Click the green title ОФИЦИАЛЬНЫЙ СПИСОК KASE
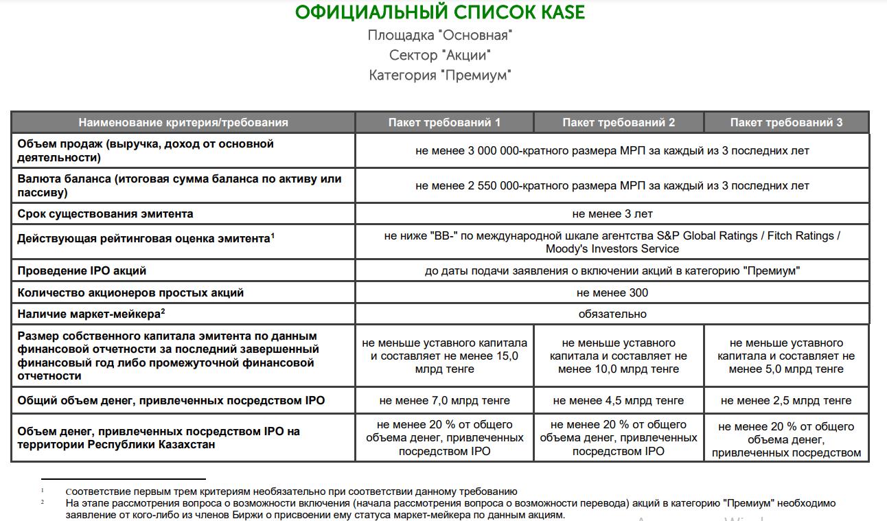click(440, 12)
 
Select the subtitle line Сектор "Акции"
click(440, 55)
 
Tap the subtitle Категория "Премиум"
click(440, 75)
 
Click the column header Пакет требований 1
click(444, 122)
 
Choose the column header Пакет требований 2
click(619, 122)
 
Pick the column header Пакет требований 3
click(786, 122)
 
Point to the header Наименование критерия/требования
click(183, 122)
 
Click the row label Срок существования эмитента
click(105, 213)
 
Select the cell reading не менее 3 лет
click(612, 213)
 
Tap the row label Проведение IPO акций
click(82, 270)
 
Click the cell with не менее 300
click(612, 292)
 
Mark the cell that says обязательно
click(612, 314)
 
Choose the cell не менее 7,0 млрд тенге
click(444, 400)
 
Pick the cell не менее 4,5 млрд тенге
click(618, 400)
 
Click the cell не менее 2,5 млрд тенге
click(786, 400)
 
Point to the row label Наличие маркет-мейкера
click(89, 314)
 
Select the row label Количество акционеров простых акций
click(130, 292)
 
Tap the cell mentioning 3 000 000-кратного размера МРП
click(612, 150)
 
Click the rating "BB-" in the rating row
click(446, 235)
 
